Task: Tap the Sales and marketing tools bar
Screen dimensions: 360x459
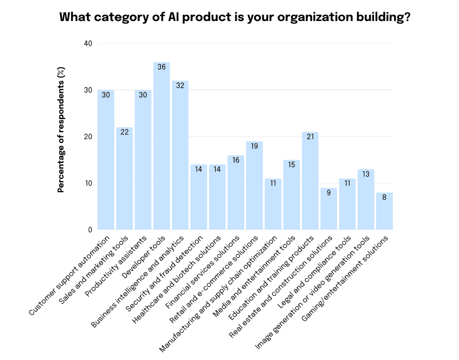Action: (125, 179)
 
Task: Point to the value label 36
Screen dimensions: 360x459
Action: (161, 67)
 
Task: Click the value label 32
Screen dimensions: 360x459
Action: (180, 86)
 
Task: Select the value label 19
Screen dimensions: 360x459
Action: (254, 146)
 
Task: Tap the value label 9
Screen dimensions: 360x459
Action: (329, 193)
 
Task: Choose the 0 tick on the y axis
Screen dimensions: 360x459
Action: (90, 230)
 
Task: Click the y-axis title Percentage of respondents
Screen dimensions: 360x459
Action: (61, 130)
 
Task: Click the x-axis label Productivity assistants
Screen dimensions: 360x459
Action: (116, 262)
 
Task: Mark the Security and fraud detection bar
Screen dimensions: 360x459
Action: (199, 197)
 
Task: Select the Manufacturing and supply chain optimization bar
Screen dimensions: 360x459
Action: (273, 204)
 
